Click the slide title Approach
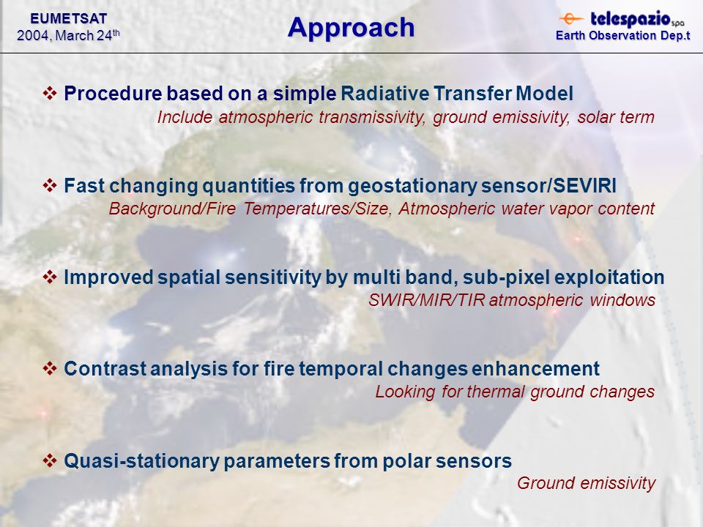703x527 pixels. [x=351, y=29]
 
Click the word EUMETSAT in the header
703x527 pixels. [x=69, y=18]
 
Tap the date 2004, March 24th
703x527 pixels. [x=68, y=35]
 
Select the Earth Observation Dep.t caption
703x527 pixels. [x=622, y=35]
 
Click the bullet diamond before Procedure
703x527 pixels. [x=49, y=93]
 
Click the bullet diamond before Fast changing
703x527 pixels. [x=49, y=185]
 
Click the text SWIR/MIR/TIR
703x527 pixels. [x=426, y=300]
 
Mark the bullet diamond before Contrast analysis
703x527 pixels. [x=49, y=368]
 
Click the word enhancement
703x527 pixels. [x=535, y=369]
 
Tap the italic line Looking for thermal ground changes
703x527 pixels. [x=515, y=392]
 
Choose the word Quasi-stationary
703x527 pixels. [x=141, y=461]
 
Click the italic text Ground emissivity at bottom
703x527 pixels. [x=586, y=484]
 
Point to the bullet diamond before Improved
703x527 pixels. [x=49, y=277]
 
